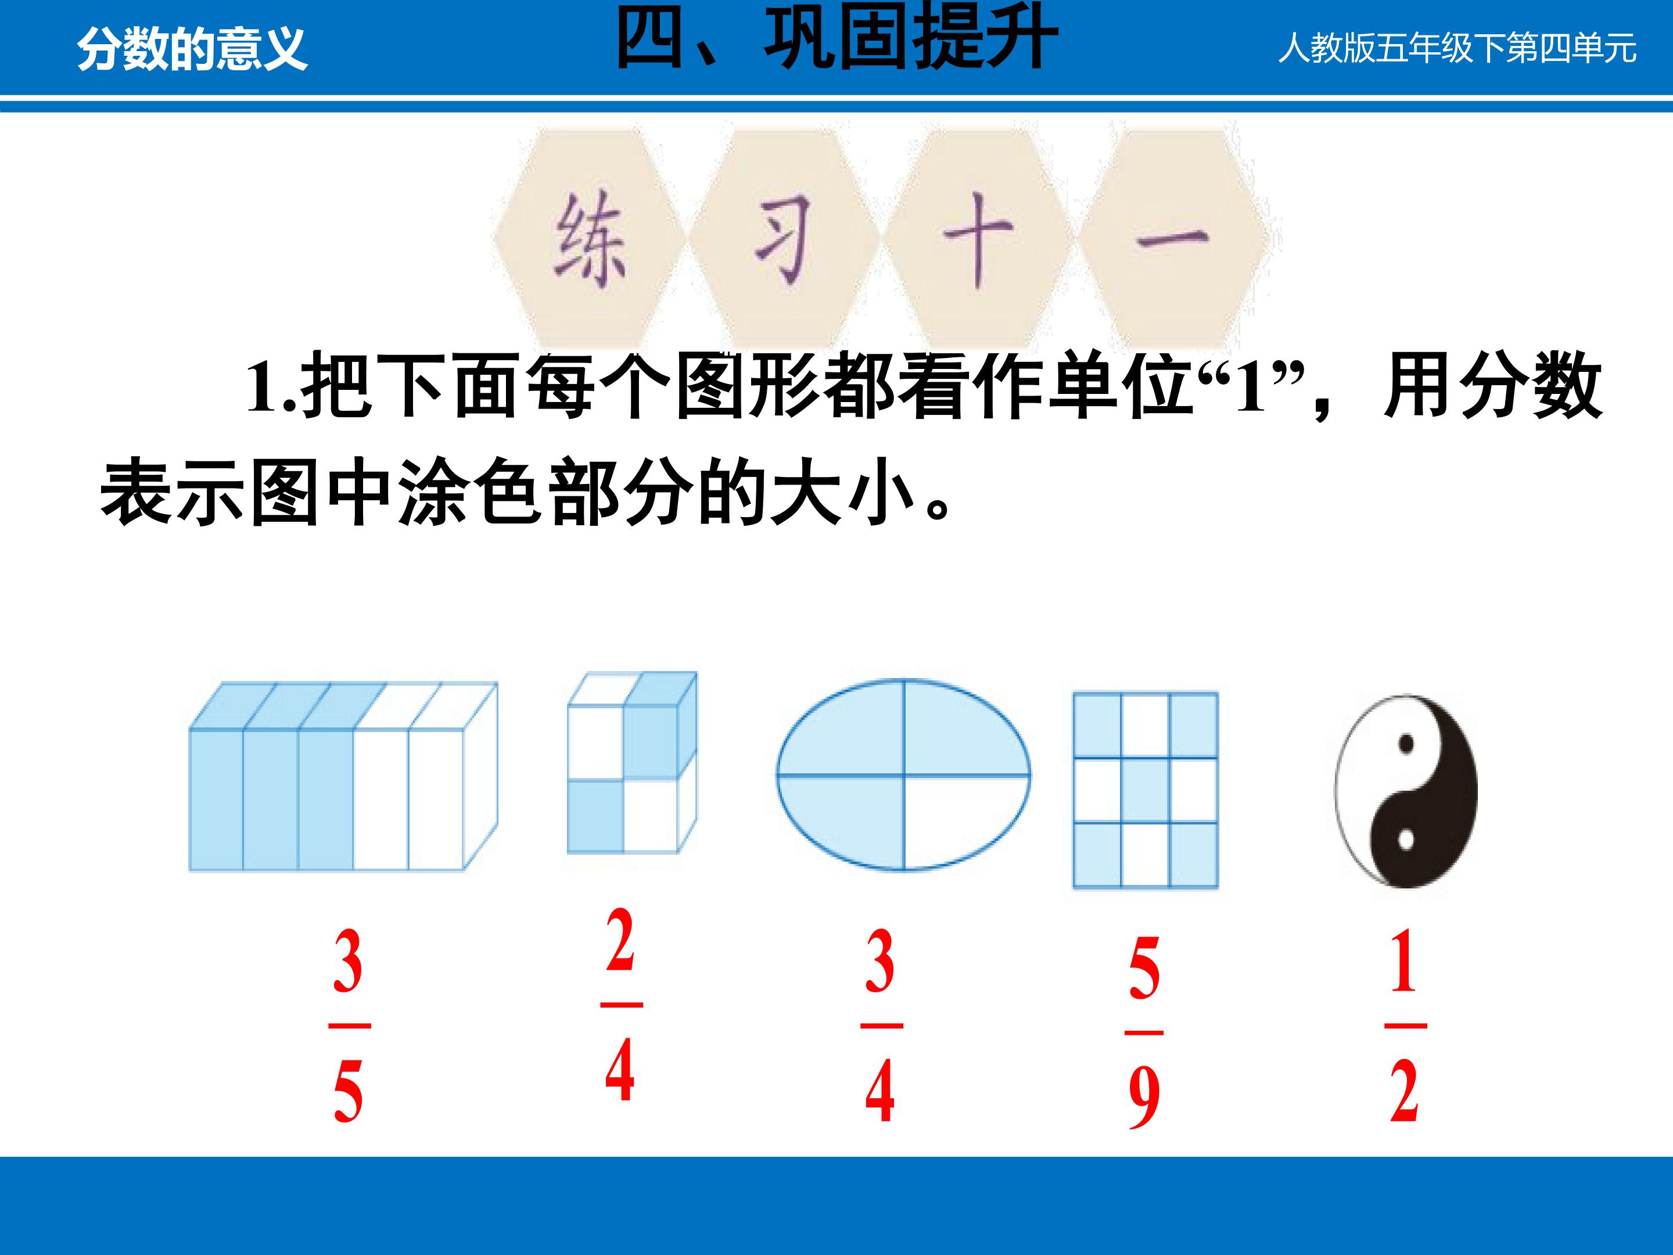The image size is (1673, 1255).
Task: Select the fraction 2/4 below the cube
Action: tap(621, 1005)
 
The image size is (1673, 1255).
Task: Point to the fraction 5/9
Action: tap(1144, 1032)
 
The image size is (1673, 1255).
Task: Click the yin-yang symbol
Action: tap(1406, 791)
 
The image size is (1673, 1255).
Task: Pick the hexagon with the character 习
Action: tap(784, 239)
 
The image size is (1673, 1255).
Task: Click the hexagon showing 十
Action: tap(978, 239)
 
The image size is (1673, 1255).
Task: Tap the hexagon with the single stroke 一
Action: tap(1172, 239)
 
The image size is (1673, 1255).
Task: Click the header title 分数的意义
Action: tap(192, 49)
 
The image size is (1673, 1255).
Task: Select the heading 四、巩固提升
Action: tap(836, 38)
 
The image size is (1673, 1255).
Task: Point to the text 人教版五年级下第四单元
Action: tap(1457, 48)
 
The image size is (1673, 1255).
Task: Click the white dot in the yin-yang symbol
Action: tap(1406, 840)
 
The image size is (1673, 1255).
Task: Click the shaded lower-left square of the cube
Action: tap(596, 816)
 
